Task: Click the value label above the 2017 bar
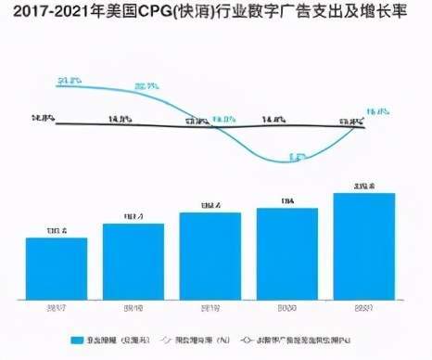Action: pos(57,230)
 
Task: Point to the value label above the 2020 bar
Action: pos(286,200)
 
